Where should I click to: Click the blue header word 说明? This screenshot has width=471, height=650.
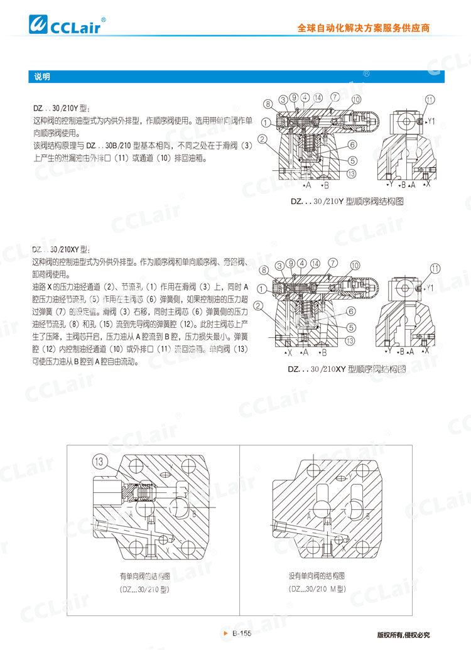click(42, 77)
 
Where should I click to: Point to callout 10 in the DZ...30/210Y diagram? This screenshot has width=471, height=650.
click(355, 99)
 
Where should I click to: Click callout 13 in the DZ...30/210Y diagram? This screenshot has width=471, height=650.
click(351, 174)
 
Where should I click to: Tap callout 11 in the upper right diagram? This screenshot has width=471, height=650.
click(430, 99)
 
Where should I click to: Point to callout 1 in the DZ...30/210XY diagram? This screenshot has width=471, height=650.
click(262, 289)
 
